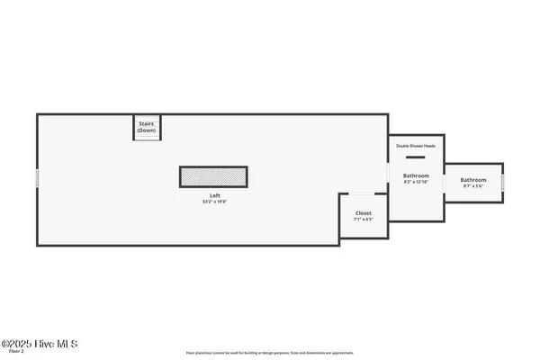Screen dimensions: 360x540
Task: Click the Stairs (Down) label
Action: tap(147, 127)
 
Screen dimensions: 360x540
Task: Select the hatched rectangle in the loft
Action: tap(213, 177)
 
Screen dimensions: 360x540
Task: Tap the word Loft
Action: tap(215, 195)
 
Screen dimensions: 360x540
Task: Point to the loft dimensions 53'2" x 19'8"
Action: tap(215, 202)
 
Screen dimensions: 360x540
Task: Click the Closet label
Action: tap(363, 213)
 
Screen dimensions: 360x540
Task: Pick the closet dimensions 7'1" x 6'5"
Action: tap(363, 220)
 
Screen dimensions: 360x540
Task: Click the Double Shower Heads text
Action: tap(416, 145)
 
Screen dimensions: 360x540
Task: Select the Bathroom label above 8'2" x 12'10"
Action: tap(416, 175)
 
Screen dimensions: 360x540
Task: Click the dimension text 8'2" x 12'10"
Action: tap(416, 183)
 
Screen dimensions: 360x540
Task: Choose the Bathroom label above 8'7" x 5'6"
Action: tap(473, 180)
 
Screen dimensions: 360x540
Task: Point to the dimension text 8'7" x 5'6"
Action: tap(473, 187)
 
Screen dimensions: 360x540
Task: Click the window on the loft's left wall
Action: tap(37, 179)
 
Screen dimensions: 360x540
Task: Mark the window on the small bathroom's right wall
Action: tap(503, 183)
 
